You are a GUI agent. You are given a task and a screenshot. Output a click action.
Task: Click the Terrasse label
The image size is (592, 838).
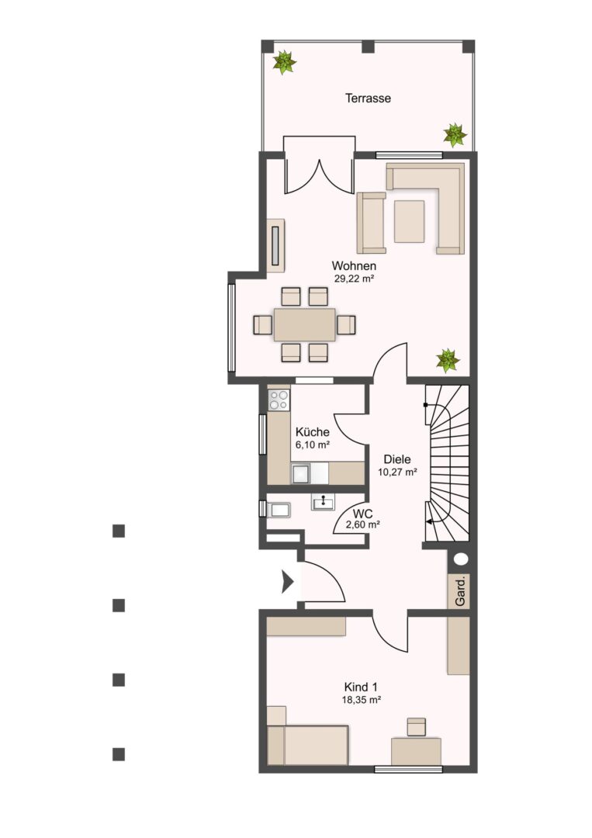[x=368, y=99]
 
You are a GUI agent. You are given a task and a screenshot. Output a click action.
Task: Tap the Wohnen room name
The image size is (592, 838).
[x=354, y=265]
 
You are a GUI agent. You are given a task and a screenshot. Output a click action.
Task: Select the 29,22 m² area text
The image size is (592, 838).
[x=354, y=279]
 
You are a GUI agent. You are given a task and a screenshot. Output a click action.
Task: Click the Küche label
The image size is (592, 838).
[x=312, y=432]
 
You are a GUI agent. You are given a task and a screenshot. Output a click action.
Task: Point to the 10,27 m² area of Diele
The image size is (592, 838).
[x=397, y=472]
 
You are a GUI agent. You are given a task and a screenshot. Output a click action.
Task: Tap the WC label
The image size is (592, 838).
[x=363, y=514]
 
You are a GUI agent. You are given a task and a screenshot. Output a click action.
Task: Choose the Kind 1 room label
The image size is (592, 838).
[x=362, y=687]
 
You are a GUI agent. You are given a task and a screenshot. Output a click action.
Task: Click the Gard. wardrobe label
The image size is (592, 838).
[x=460, y=591]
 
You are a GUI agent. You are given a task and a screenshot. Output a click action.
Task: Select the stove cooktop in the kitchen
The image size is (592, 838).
[x=279, y=400]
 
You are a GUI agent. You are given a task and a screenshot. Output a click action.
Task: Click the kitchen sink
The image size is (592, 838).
[x=301, y=473]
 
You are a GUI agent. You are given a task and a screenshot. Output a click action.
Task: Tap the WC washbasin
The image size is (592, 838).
[x=324, y=502]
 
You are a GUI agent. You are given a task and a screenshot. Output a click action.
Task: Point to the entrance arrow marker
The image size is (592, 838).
[x=287, y=581]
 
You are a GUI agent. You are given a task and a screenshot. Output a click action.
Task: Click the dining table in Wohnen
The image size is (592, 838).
[x=305, y=324]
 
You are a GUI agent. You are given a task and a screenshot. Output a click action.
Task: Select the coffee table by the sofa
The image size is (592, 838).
[x=409, y=221]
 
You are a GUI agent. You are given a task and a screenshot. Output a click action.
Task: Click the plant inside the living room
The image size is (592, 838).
[x=447, y=360]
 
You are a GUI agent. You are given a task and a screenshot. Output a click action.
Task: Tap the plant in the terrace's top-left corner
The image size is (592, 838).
[x=284, y=62]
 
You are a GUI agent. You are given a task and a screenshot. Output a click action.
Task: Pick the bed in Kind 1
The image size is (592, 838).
[x=307, y=744]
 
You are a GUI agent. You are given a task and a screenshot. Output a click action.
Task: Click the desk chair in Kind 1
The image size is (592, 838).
[x=416, y=727]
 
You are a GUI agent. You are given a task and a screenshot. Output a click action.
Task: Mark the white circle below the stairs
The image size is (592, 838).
[x=461, y=559]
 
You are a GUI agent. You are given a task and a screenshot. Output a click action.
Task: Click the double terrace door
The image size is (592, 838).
[x=319, y=165]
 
